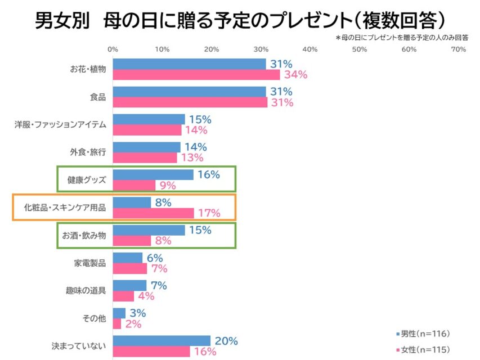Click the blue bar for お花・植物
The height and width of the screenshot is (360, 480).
(189, 64)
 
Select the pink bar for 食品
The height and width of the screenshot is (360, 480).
(190, 102)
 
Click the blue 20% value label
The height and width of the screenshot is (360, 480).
(226, 341)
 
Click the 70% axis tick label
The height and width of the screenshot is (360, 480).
(458, 49)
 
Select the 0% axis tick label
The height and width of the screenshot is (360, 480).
(113, 49)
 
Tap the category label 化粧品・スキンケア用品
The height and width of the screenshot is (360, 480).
(65, 208)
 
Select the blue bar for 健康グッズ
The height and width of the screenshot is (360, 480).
(153, 175)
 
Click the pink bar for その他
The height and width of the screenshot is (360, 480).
(117, 324)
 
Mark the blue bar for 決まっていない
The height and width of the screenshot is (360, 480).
(162, 341)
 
